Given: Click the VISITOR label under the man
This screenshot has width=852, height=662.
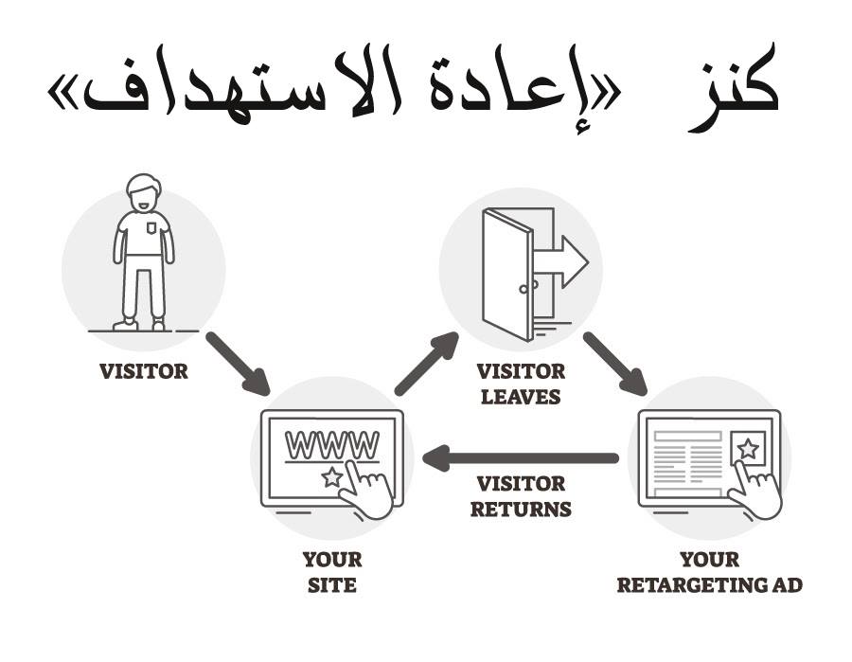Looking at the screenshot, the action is [x=144, y=371].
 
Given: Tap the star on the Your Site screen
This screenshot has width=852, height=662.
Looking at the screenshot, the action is [x=331, y=476].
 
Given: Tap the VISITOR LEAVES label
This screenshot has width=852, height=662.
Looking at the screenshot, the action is [x=521, y=383].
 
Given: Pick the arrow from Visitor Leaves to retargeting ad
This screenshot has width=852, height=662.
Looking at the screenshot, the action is [x=614, y=363].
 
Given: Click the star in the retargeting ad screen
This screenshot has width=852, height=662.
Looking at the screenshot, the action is [x=747, y=449].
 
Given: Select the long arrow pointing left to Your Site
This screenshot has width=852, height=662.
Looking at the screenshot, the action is [x=521, y=459].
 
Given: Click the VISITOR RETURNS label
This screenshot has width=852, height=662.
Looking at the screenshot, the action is [x=521, y=496].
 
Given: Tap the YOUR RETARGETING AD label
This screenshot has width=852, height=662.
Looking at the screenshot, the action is [x=709, y=572].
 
